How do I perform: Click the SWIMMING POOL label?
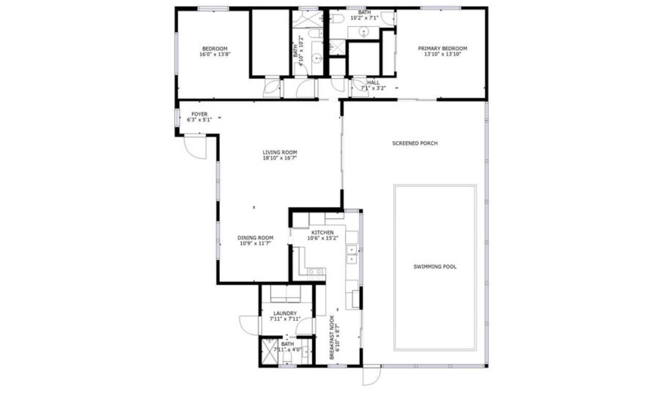(x=435, y=267)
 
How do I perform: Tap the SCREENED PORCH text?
(x=415, y=143)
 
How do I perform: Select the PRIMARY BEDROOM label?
(x=443, y=48)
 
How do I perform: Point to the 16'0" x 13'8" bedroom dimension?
(x=215, y=54)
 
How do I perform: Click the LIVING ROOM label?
(x=280, y=152)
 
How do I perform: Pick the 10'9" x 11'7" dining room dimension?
(x=256, y=243)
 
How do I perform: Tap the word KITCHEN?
(x=323, y=232)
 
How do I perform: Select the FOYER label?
(x=199, y=114)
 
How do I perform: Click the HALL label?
(x=373, y=82)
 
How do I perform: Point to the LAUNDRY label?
(x=285, y=313)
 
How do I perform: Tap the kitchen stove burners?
(x=316, y=274)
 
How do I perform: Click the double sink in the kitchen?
(x=352, y=254)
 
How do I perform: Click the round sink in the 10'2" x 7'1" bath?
(x=364, y=32)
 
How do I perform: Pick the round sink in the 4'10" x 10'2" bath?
(x=317, y=58)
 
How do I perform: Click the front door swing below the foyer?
(x=195, y=147)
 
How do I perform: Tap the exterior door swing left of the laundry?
(x=249, y=325)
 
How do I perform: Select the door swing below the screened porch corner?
(x=372, y=376)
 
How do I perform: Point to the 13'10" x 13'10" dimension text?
(x=443, y=54)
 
